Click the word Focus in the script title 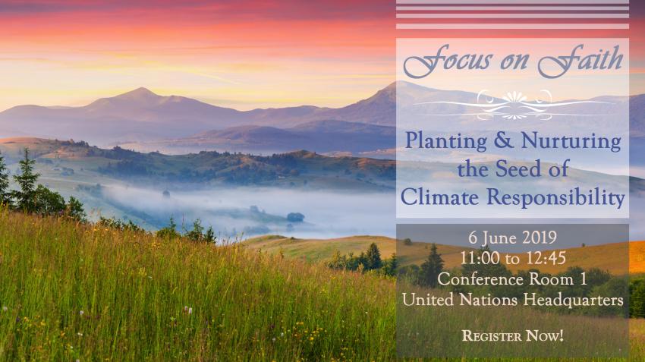(x=448, y=61)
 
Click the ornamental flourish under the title (x=513, y=105)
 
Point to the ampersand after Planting (x=504, y=140)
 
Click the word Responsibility (x=555, y=198)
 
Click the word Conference (x=480, y=279)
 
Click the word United (x=428, y=300)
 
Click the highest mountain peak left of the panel (x=141, y=89)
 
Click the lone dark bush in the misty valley (x=295, y=217)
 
